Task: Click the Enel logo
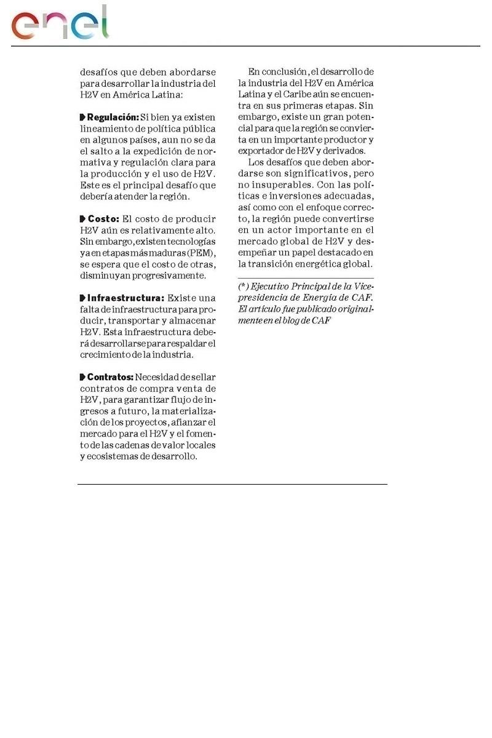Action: tap(60, 24)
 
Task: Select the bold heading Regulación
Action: tap(113, 117)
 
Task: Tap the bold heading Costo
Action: tap(103, 219)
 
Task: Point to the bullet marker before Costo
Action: tap(83, 219)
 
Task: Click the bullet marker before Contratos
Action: tap(83, 377)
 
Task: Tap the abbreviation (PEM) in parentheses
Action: tap(200, 253)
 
